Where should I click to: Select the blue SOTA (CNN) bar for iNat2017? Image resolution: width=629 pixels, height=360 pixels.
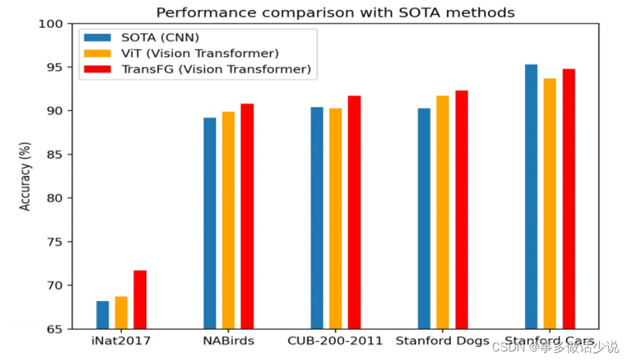point(103,315)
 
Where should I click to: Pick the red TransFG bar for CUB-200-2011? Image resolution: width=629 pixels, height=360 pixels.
point(354,212)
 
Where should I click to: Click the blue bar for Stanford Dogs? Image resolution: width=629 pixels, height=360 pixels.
point(424,218)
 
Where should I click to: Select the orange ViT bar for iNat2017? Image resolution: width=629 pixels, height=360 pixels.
point(121,312)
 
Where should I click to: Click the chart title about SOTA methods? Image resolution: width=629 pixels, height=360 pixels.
point(335,12)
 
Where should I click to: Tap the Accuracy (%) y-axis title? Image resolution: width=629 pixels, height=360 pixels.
point(25,176)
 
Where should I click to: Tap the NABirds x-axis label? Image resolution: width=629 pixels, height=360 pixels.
point(228,341)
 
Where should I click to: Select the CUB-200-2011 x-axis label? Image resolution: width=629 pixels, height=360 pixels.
point(335,341)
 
